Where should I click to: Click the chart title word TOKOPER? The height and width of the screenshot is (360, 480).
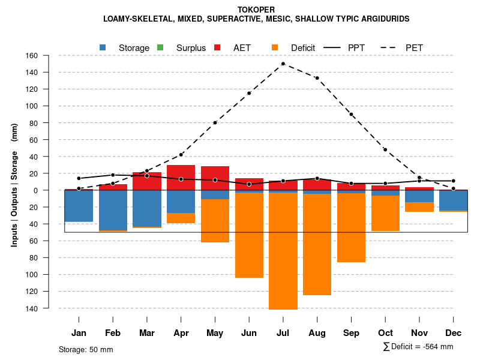click(256, 10)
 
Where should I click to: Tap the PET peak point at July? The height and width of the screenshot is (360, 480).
click(283, 64)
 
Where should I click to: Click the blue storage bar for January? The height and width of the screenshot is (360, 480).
click(79, 206)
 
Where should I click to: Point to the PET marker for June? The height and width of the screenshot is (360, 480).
click(249, 93)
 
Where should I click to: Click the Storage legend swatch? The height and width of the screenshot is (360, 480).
click(103, 47)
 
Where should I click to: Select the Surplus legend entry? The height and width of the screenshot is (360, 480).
click(191, 48)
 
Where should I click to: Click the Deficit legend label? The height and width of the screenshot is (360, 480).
click(303, 48)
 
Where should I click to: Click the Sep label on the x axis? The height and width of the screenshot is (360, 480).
click(351, 333)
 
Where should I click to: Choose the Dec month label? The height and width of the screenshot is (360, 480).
click(454, 333)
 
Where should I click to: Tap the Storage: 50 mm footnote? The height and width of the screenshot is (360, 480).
click(86, 349)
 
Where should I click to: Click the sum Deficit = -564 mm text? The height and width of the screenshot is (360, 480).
click(418, 347)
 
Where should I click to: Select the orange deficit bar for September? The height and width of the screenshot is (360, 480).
click(351, 227)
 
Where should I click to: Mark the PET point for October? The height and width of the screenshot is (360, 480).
click(385, 149)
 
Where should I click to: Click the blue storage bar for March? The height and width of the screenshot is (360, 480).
click(147, 208)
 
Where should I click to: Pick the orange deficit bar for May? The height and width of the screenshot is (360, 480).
click(215, 220)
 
